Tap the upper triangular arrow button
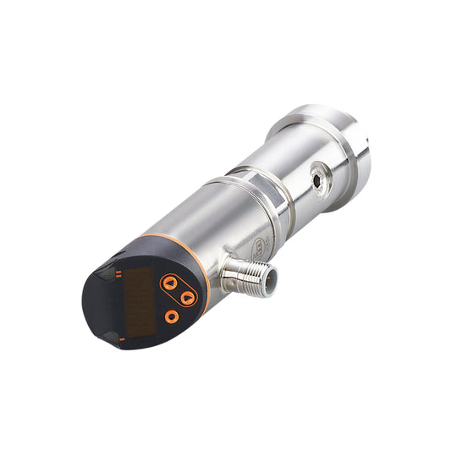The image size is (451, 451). tap(170, 283)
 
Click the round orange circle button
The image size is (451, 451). tap(172, 316)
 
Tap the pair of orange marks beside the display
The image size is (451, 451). tap(120, 272)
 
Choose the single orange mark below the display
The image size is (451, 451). tap(123, 338)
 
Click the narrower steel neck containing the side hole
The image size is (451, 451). tap(305, 169)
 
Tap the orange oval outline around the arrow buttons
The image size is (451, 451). tap(179, 290)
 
